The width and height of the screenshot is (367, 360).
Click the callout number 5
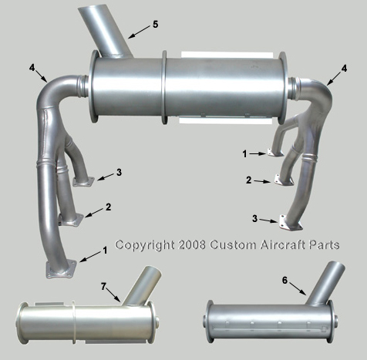click(x=155, y=25)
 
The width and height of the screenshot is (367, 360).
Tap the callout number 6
click(x=285, y=281)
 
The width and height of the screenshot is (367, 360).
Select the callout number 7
click(x=103, y=286)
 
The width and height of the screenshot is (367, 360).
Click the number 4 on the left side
click(x=32, y=68)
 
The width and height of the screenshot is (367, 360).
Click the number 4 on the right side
click(x=344, y=69)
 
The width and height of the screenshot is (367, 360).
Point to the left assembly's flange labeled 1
click(x=61, y=269)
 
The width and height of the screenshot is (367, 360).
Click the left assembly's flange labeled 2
click(x=71, y=219)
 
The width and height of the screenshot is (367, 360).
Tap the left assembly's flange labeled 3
click(x=83, y=182)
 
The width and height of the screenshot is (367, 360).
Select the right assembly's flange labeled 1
click(x=274, y=153)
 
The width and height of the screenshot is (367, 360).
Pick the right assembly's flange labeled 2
click(x=284, y=180)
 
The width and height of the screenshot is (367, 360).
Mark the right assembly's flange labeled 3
click(x=291, y=223)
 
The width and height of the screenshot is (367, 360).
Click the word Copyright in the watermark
click(x=145, y=245)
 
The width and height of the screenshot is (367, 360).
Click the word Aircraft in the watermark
click(x=283, y=245)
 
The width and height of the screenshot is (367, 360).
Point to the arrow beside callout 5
click(x=139, y=32)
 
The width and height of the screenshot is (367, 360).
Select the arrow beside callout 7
click(x=113, y=295)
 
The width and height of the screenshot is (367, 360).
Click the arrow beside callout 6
click(x=298, y=288)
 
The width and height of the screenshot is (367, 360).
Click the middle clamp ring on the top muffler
click(x=164, y=88)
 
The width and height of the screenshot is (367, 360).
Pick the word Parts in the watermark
click(x=325, y=245)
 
